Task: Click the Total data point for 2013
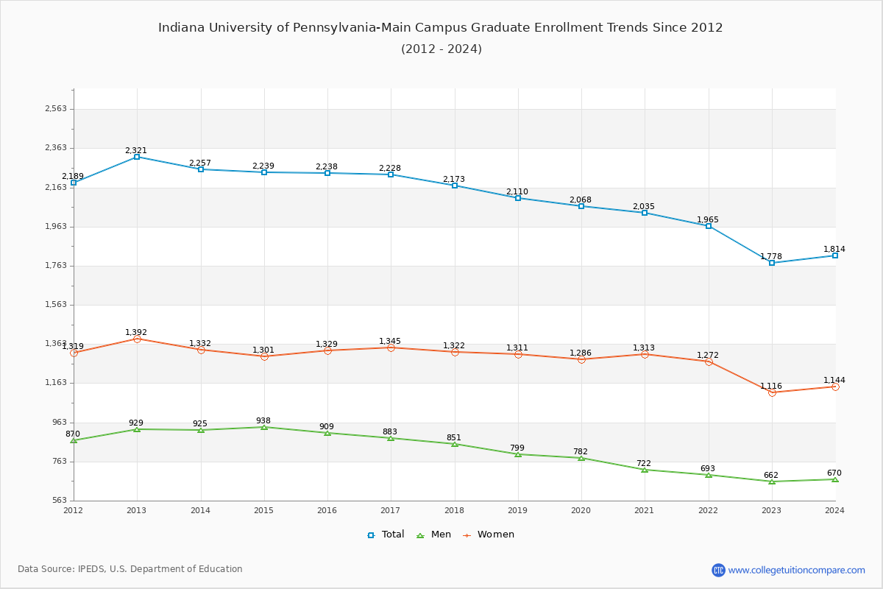137,157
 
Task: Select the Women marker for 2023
772,392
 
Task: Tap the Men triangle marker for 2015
264,427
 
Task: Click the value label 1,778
771,256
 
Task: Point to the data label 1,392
136,332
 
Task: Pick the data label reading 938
263,420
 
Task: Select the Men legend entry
435,535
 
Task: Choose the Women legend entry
489,535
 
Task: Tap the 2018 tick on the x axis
455,509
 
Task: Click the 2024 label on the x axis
834,509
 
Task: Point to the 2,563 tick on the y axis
56,109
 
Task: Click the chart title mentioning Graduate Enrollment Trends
441,28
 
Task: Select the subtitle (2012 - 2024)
441,49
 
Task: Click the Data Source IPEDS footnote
130,569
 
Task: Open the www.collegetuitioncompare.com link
796,570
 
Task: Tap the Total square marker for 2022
709,226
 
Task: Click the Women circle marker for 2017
391,348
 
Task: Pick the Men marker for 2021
645,470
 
